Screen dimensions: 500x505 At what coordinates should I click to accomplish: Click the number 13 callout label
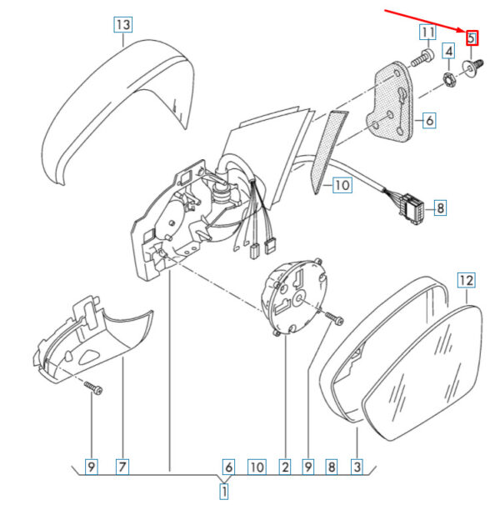pyautogui.click(x=123, y=24)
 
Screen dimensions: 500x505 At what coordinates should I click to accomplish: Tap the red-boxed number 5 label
pyautogui.click(x=472, y=38)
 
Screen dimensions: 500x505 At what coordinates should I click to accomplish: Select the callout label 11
pyautogui.click(x=427, y=32)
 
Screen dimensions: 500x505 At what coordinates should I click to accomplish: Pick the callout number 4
pyautogui.click(x=449, y=51)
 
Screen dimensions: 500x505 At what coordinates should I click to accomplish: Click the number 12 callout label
pyautogui.click(x=466, y=280)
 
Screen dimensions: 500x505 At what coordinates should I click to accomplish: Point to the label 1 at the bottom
pyautogui.click(x=224, y=492)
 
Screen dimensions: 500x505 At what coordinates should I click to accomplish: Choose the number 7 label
pyautogui.click(x=122, y=467)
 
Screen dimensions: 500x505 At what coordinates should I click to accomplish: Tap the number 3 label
pyautogui.click(x=357, y=467)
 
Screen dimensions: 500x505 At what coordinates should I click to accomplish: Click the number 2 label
pyautogui.click(x=285, y=467)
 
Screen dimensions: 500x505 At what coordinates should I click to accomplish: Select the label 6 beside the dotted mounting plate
pyautogui.click(x=429, y=121)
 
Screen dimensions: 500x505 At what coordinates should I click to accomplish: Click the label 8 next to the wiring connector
pyautogui.click(x=440, y=208)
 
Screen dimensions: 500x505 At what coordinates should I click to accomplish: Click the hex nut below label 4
pyautogui.click(x=448, y=79)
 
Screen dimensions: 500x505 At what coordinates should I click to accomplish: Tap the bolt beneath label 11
pyautogui.click(x=422, y=57)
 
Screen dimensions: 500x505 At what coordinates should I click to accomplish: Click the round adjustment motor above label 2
pyautogui.click(x=294, y=297)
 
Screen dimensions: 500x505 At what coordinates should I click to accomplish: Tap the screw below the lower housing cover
pyautogui.click(x=93, y=387)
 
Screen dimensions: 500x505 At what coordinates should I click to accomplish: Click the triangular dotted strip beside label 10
pyautogui.click(x=327, y=151)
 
